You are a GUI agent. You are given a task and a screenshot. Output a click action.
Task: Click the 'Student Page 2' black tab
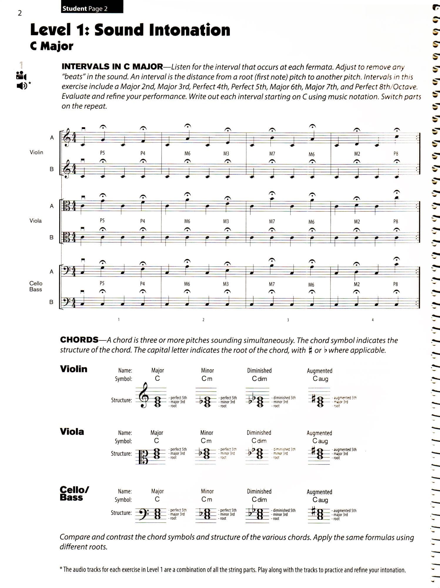92,8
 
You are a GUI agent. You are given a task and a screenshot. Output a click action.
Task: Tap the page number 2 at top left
20,13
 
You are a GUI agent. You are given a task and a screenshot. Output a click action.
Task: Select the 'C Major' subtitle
52,46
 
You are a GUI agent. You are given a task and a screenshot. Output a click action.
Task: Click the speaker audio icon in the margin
22,86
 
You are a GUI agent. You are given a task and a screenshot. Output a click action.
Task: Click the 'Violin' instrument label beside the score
36,152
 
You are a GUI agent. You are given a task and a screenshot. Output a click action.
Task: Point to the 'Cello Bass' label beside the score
36,286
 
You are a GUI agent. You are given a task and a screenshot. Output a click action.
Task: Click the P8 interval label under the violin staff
396,153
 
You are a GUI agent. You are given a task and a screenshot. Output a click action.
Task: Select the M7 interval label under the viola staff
272,221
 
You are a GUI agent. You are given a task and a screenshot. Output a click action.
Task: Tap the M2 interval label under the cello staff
357,284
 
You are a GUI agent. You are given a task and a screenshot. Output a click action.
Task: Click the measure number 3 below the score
288,320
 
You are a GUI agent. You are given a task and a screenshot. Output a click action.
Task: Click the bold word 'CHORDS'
79,340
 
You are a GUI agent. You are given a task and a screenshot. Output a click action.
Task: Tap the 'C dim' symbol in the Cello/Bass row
259,500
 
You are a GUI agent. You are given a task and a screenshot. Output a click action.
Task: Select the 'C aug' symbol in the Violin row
320,379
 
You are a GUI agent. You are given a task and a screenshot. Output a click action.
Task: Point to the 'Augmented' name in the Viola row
319,433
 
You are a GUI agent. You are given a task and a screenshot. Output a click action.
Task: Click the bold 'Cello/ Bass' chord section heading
74,493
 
